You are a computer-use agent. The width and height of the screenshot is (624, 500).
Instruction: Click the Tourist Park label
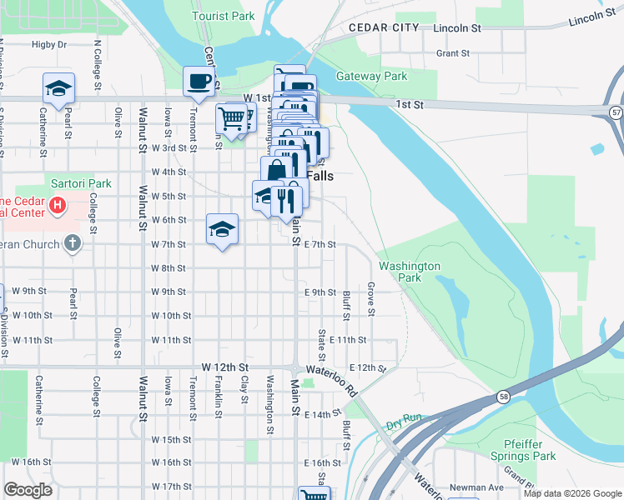[223, 16]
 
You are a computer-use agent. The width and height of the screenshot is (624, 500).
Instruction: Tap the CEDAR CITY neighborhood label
[384, 27]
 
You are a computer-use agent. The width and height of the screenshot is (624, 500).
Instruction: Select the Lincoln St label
[458, 27]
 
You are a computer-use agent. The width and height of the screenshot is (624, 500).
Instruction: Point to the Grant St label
[453, 53]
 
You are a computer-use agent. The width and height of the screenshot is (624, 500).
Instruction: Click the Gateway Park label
[371, 76]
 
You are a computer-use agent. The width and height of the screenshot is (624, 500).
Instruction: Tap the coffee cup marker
[199, 81]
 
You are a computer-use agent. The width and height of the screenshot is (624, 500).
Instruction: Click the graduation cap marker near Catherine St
[59, 87]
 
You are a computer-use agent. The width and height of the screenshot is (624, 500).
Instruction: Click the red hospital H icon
[57, 205]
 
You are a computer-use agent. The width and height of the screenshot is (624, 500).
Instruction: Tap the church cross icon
[73, 243]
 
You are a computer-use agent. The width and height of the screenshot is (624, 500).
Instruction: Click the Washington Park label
[409, 272]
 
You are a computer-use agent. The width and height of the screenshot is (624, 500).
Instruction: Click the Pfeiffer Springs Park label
[530, 450]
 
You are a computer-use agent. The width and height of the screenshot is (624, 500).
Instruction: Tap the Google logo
[28, 490]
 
